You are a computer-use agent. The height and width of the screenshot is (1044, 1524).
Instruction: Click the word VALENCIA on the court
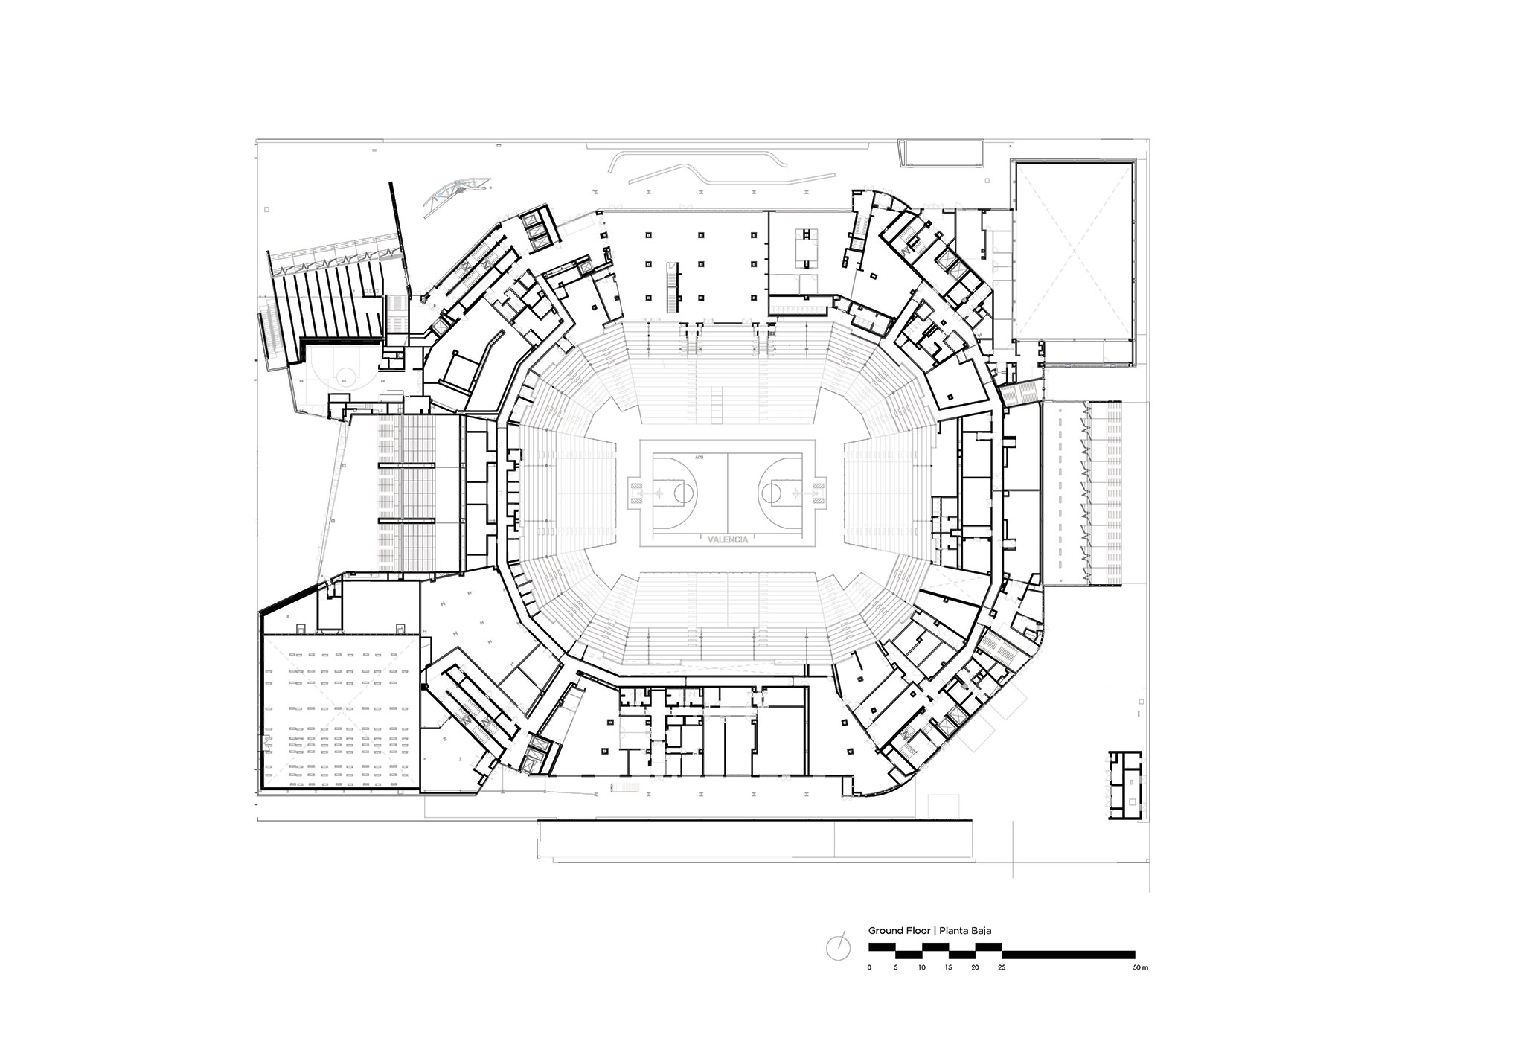[728, 539]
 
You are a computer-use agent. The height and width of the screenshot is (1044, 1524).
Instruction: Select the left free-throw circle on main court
[685, 492]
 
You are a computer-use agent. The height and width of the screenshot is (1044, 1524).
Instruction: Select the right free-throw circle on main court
[770, 492]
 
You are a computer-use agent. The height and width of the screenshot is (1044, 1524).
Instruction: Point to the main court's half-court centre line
[728, 492]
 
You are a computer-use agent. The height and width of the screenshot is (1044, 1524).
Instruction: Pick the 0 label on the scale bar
[869, 968]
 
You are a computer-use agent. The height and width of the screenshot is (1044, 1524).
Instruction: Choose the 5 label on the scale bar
[896, 968]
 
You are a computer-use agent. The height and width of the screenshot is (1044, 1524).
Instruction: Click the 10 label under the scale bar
[922, 968]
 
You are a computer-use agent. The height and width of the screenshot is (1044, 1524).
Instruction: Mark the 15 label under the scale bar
[949, 968]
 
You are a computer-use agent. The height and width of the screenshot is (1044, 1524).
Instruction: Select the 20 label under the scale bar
[976, 968]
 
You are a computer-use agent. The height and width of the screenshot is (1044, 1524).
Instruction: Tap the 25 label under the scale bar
[1002, 968]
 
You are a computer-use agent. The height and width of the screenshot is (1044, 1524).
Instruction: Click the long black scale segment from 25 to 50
[1069, 954]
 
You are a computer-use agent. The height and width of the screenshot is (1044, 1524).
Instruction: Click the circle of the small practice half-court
[344, 375]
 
